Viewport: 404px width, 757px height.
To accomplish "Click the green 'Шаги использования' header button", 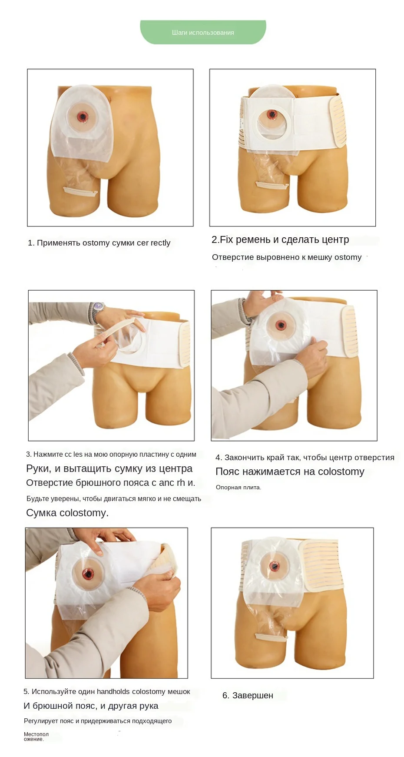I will click(203, 32).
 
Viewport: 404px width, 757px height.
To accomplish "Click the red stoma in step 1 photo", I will click(82, 116).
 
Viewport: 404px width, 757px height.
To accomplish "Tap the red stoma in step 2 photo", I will click(272, 115).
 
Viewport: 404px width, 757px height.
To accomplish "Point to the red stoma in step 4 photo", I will click(281, 325).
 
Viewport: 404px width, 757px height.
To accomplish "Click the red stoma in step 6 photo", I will click(274, 566).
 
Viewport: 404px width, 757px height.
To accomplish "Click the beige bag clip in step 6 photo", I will click(271, 637).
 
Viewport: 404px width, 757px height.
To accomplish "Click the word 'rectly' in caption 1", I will click(160, 243).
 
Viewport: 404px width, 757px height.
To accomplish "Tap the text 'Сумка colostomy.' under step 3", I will click(67, 513).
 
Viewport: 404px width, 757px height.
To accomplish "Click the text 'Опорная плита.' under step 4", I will click(238, 488).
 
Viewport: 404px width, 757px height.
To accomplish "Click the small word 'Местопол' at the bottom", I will click(36, 734).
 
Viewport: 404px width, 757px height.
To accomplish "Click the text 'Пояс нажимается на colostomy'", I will click(290, 471).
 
